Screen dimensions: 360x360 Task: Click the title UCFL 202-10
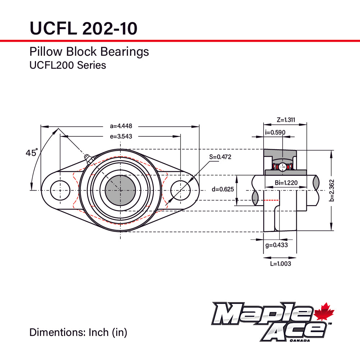tap(83, 28)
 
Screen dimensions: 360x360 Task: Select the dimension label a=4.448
tap(121, 126)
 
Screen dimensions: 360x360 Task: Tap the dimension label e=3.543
tap(121, 136)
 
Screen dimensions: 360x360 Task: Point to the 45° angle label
tap(31, 153)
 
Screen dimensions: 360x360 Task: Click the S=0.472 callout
tap(220, 157)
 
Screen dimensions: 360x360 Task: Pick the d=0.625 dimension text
tap(222, 189)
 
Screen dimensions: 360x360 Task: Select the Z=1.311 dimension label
tap(286, 120)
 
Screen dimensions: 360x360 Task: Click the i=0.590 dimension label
tap(275, 132)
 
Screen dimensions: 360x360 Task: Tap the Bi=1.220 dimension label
tap(286, 183)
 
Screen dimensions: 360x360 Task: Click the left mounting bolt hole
tap(60, 190)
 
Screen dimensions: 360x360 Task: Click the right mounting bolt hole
tap(180, 190)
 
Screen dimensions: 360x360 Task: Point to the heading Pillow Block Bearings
tap(89, 52)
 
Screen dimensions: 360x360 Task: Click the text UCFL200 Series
tap(68, 65)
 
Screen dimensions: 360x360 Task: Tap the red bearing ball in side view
tap(283, 167)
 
